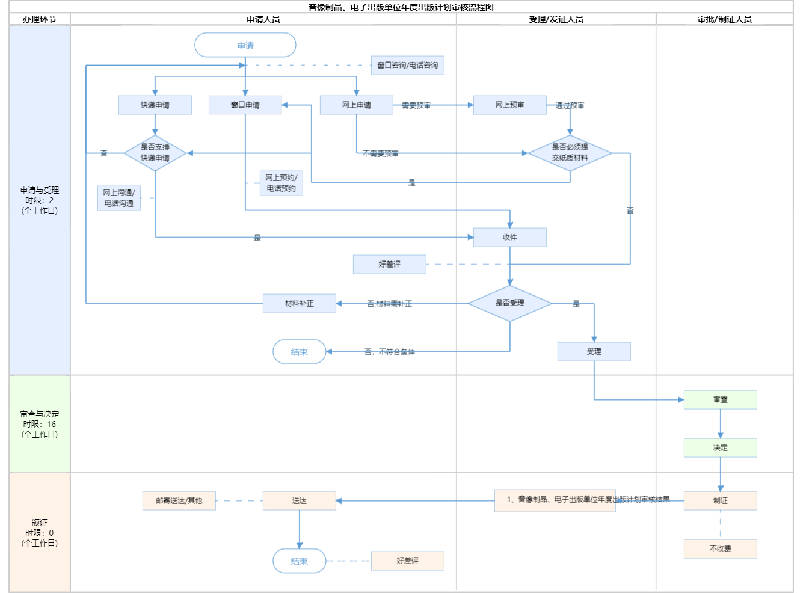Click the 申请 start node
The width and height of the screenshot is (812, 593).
(x=245, y=45)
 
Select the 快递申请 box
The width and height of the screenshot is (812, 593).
(x=155, y=105)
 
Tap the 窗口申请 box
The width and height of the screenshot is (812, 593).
(x=245, y=105)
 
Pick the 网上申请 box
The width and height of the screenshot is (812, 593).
(x=357, y=105)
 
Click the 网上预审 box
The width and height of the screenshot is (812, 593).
(x=510, y=105)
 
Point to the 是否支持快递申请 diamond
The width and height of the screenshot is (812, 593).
(x=155, y=153)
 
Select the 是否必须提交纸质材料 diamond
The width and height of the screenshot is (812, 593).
(x=570, y=153)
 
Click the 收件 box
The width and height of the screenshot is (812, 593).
(x=510, y=237)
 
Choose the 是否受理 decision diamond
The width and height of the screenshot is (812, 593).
(x=510, y=303)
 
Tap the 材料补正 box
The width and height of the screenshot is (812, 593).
(x=300, y=303)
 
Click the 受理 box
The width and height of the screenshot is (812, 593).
(x=594, y=351)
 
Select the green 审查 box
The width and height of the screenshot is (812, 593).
(x=721, y=399)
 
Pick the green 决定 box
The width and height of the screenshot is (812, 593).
(x=721, y=447)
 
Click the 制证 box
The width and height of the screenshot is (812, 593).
(x=721, y=500)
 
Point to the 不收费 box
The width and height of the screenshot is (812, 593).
(x=721, y=548)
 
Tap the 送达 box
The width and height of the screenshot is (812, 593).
(x=300, y=500)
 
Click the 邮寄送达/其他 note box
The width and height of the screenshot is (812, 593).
(x=179, y=500)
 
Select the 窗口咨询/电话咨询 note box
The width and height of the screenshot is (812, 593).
(x=408, y=65)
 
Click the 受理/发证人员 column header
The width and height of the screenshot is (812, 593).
(x=556, y=19)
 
